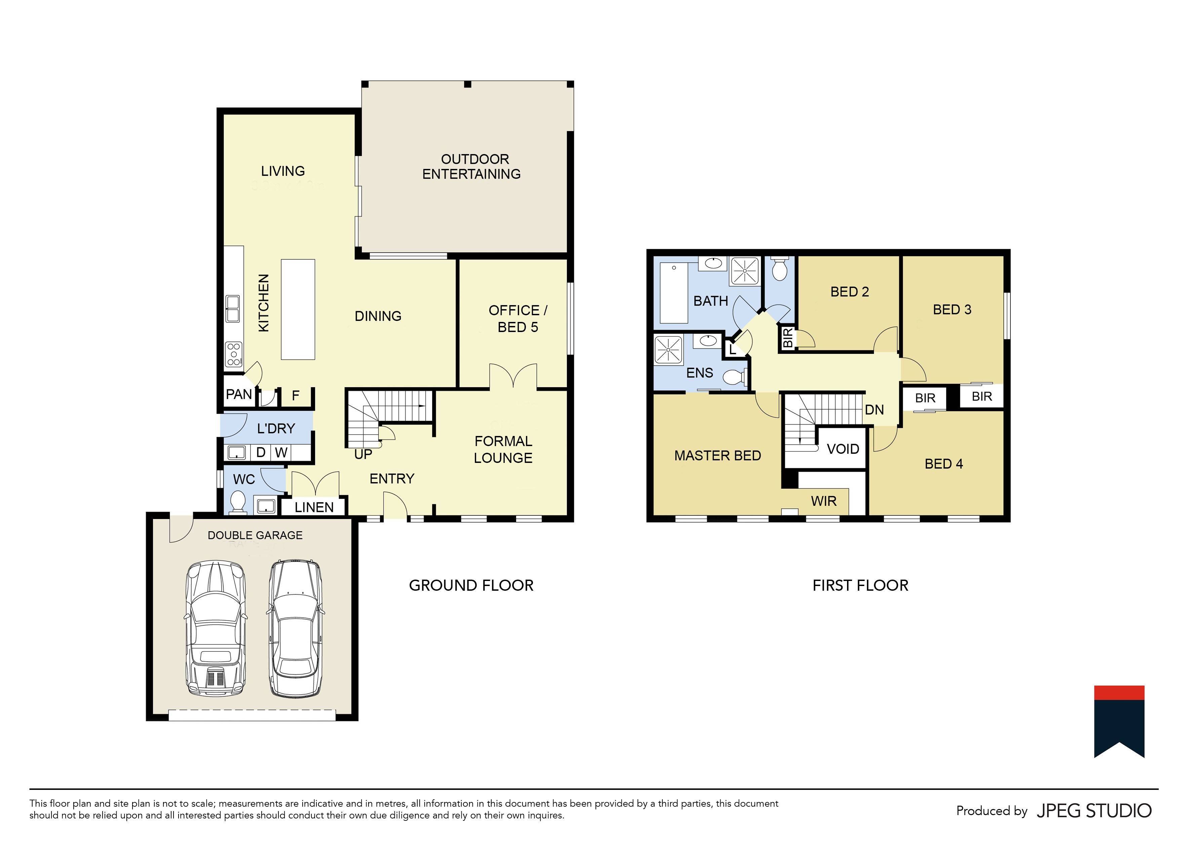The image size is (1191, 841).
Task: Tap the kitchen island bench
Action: click(298, 309)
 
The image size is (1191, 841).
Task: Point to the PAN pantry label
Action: click(239, 394)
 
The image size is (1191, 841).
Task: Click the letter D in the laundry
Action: click(261, 452)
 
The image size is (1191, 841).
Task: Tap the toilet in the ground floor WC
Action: click(238, 501)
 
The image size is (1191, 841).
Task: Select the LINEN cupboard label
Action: click(314, 507)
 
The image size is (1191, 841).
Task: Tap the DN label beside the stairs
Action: click(874, 410)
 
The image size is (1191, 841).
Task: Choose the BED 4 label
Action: click(943, 464)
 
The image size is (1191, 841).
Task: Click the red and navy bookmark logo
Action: click(1119, 721)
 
